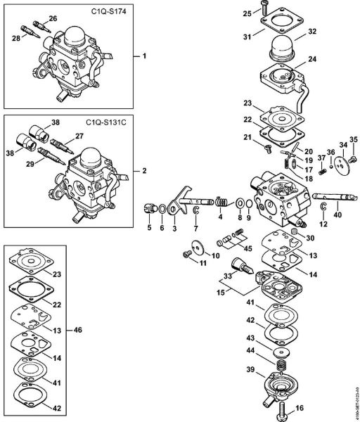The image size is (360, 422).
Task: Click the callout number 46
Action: click(77, 328)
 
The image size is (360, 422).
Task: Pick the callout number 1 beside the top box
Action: click(145, 55)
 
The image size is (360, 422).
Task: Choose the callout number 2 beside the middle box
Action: click(145, 171)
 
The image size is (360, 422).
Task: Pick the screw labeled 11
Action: click(185, 253)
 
